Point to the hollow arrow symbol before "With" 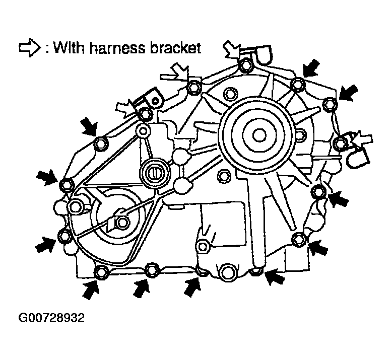coord(28,48)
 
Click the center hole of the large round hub coord(259,134)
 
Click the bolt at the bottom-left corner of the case coord(100,273)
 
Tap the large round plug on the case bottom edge coord(226,272)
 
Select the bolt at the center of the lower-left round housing coord(120,223)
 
